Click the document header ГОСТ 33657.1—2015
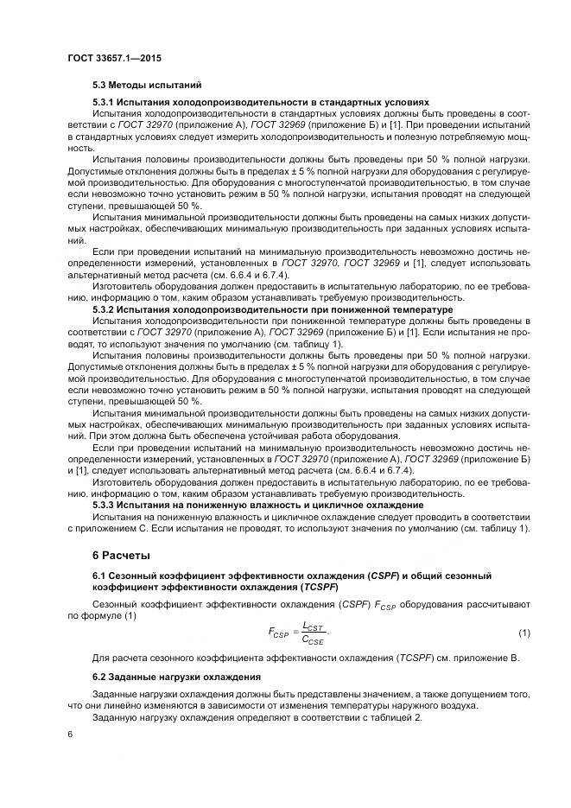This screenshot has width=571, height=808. click(114, 58)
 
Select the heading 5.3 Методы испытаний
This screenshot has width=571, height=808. click(147, 86)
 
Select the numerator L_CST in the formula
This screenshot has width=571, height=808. click(313, 626)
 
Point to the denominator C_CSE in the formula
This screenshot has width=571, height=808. click(313, 641)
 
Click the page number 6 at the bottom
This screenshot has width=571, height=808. click(71, 734)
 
